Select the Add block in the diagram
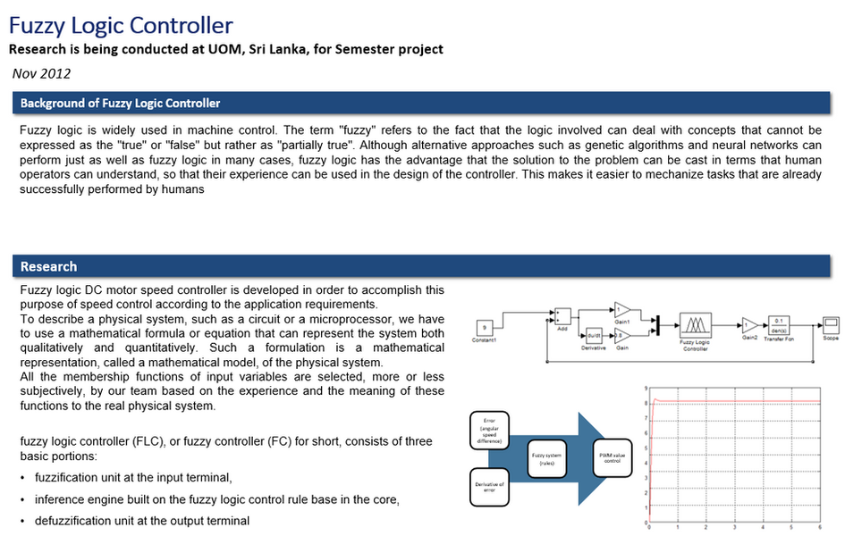coord(563,316)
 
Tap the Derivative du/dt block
coord(594,338)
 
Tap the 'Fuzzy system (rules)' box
coord(546,459)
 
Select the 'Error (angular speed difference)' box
coord(489,430)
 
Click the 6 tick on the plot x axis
coord(820,528)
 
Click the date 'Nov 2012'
coord(41,73)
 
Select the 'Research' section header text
coord(48,266)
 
